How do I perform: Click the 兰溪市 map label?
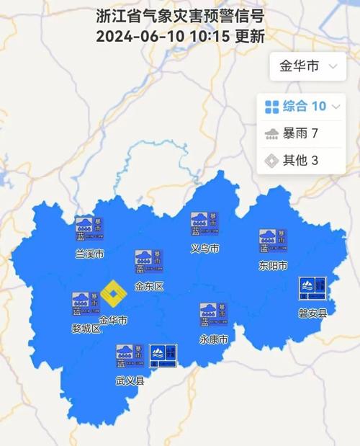[90, 254]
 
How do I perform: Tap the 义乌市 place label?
[204, 249]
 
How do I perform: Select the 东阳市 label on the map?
[273, 265]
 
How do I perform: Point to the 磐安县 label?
[312, 313]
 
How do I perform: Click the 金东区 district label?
[149, 286]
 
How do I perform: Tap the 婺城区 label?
[86, 329]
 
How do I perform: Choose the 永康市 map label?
[213, 339]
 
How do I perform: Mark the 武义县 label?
[130, 380]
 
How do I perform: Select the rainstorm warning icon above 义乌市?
[204, 224]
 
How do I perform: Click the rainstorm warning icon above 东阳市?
[273, 241]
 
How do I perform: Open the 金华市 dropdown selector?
[306, 66]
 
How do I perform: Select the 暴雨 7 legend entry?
[292, 133]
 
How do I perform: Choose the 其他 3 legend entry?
[292, 160]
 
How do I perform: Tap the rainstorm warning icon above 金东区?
[149, 262]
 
